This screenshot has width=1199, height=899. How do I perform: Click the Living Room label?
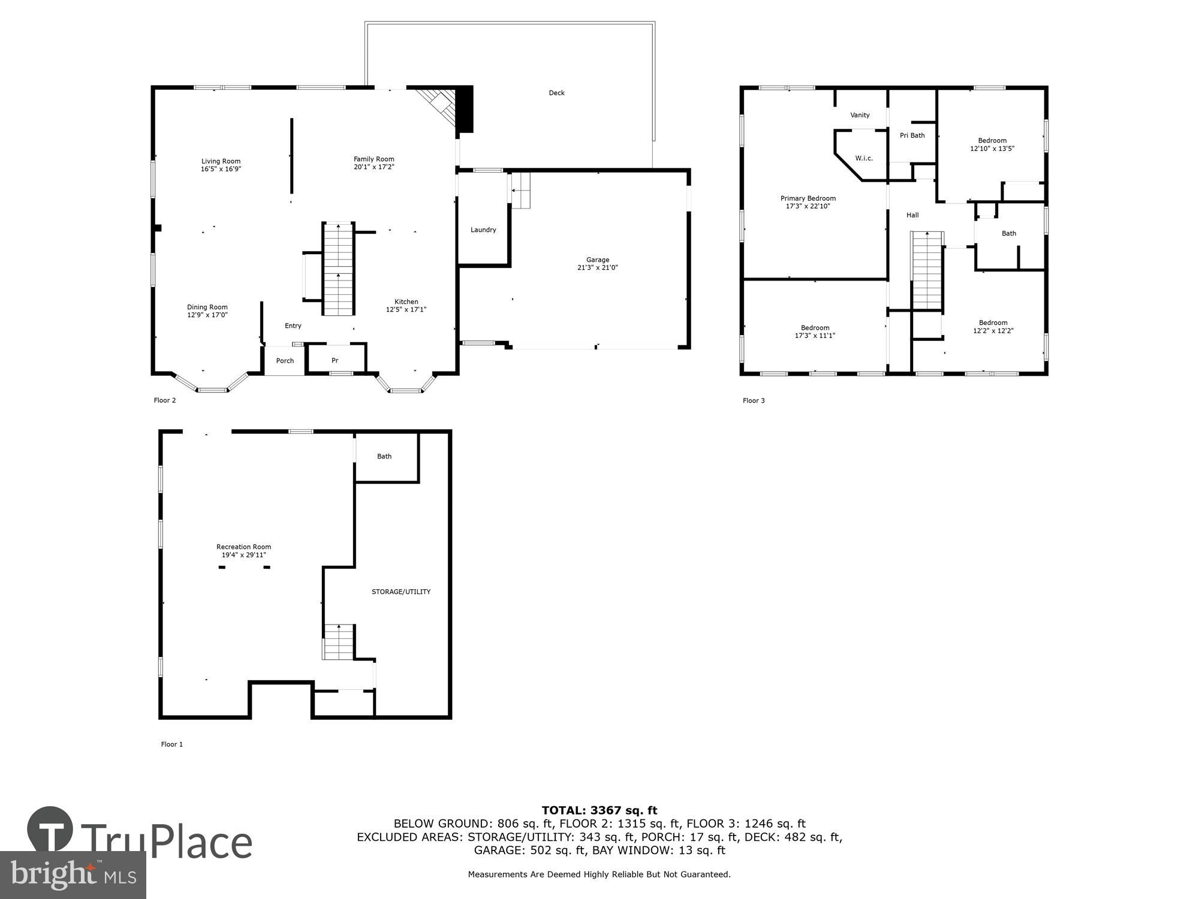(x=221, y=161)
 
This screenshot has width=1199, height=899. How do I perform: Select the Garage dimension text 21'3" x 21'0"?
(x=597, y=268)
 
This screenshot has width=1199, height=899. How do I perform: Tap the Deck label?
(x=556, y=93)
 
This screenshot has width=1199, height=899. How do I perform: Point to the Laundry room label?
(x=483, y=230)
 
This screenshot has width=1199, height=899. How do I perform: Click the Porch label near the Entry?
(x=285, y=361)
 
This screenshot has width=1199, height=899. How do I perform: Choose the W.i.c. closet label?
(x=864, y=158)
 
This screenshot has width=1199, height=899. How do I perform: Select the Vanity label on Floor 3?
(x=860, y=115)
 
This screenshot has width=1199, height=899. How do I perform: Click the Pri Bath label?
(x=912, y=135)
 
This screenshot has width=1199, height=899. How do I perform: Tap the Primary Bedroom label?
(x=808, y=198)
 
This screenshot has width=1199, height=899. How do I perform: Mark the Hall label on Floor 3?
(x=912, y=215)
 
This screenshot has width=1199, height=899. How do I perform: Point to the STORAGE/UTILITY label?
(x=401, y=592)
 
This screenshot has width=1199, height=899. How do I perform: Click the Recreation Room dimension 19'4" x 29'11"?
(x=243, y=555)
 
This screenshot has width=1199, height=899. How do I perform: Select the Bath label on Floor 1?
(x=384, y=457)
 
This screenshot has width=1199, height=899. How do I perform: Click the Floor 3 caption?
(x=754, y=400)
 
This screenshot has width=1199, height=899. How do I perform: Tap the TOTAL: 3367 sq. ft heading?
(x=599, y=811)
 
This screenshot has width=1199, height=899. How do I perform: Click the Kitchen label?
(x=406, y=302)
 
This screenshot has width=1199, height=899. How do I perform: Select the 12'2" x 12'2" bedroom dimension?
(x=993, y=331)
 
